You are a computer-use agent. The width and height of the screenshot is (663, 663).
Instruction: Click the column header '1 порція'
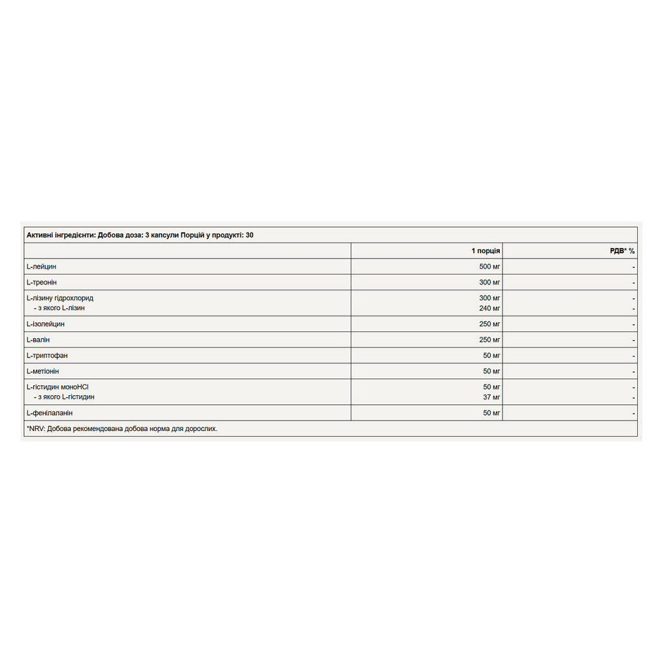tap(485, 251)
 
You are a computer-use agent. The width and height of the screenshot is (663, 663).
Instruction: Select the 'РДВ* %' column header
tap(622, 251)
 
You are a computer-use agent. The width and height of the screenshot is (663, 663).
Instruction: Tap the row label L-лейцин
tap(41, 267)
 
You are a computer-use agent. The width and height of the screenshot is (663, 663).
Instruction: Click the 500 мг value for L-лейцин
tap(489, 267)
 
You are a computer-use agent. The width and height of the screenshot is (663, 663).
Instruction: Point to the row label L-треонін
tap(42, 282)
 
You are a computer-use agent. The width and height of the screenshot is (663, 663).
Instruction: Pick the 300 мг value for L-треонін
tap(489, 282)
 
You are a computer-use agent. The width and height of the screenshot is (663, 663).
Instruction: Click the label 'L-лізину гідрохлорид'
tap(64, 298)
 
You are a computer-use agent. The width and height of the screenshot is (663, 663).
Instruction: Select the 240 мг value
tap(489, 308)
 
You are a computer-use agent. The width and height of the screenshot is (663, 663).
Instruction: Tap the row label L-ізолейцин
tap(45, 324)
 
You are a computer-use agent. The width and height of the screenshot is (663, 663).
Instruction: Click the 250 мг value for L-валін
tap(489, 340)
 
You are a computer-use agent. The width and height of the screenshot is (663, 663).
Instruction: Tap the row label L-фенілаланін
tap(50, 413)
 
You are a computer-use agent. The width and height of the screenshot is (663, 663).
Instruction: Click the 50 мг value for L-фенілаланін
tap(491, 413)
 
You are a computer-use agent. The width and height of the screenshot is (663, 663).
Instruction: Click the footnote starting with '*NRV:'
tap(122, 429)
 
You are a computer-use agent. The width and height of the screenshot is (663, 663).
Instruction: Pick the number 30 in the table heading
tap(249, 235)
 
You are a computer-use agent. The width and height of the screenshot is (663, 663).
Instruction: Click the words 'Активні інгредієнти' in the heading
tap(60, 235)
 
